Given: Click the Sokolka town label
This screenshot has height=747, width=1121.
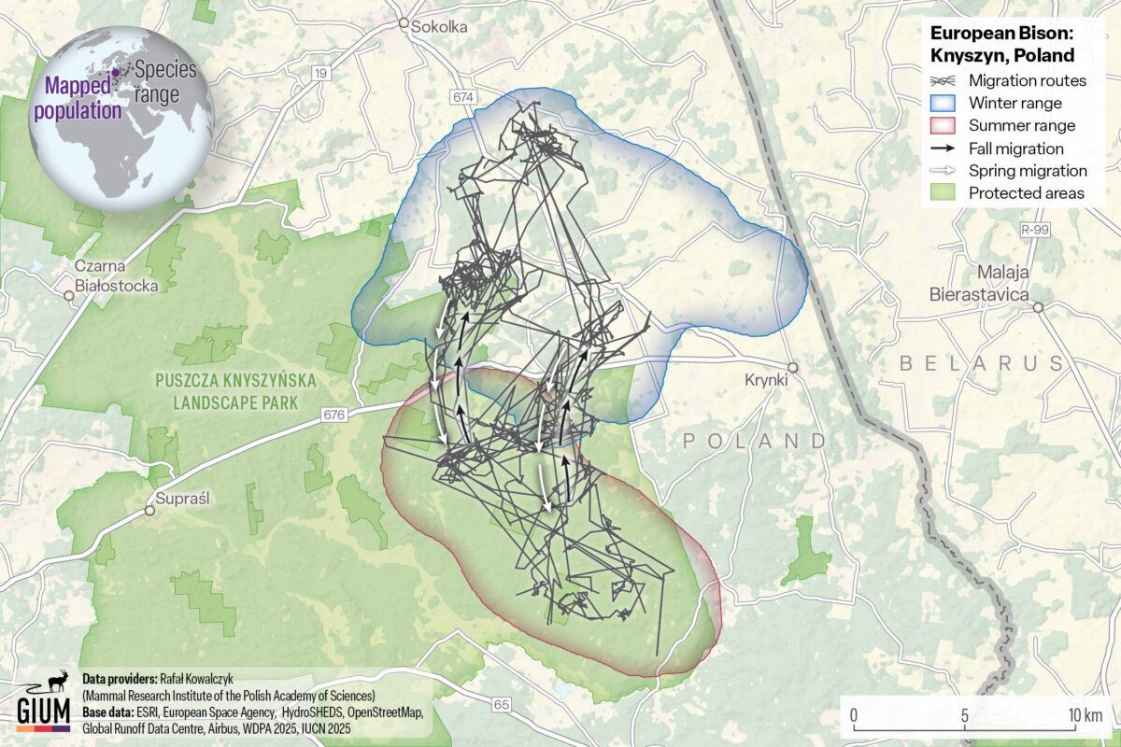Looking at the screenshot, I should point(439,28).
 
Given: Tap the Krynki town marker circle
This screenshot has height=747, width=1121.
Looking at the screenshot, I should point(792,367).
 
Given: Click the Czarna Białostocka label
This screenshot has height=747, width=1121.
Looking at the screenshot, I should point(117,276).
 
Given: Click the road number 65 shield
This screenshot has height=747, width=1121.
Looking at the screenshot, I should point(501,704).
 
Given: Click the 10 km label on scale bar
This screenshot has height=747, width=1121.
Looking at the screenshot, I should point(1086,715).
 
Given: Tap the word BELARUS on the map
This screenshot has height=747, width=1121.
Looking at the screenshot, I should point(982,362).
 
